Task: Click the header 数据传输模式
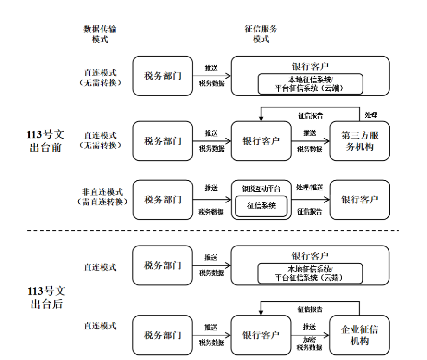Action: [x=100, y=34]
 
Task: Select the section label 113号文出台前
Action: [x=45, y=141]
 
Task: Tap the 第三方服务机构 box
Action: [x=360, y=141]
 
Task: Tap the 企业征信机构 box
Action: [x=360, y=335]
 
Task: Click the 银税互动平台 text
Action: [x=261, y=189]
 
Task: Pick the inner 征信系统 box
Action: [x=261, y=205]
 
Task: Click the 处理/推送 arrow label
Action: [x=309, y=188]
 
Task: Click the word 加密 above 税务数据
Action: [x=309, y=339]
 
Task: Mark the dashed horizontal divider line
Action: [x=213, y=230]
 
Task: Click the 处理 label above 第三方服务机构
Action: [x=370, y=115]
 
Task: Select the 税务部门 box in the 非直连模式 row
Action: [x=163, y=200]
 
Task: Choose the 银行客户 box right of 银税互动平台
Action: [x=360, y=200]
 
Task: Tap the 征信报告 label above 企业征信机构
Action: [x=310, y=309]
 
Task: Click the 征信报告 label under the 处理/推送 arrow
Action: [x=309, y=211]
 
